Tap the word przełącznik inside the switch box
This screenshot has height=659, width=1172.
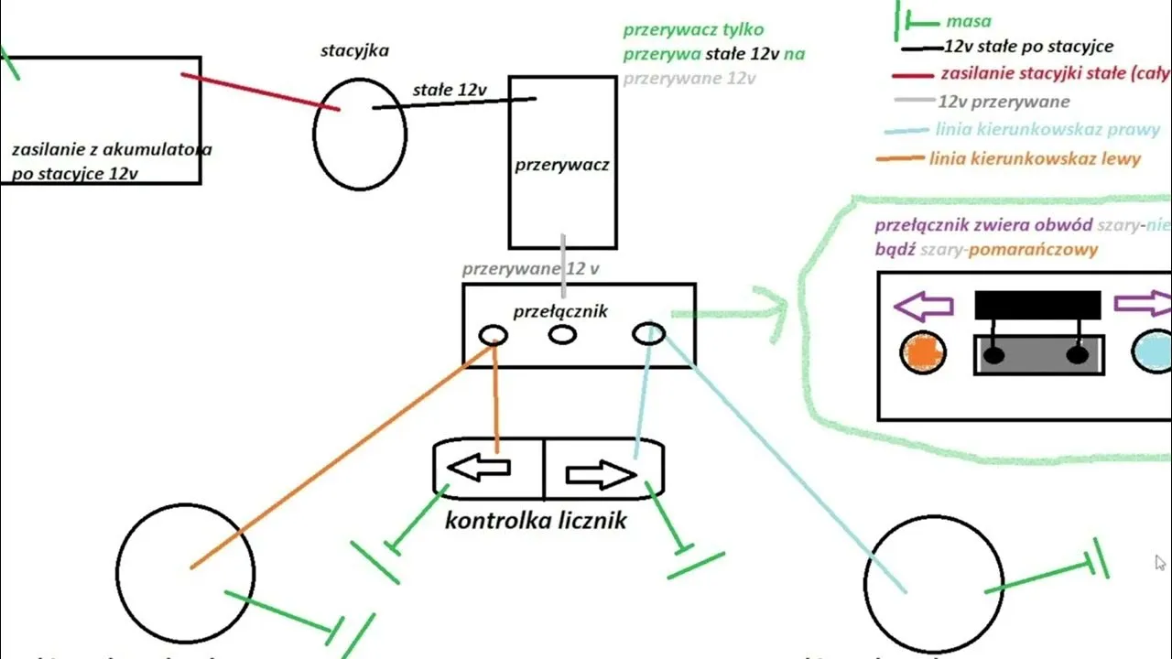pos(559,312)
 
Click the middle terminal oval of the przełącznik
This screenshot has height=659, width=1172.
pos(562,335)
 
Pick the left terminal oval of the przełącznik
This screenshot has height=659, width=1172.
pos(494,335)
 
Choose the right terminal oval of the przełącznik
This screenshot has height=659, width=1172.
pos(648,335)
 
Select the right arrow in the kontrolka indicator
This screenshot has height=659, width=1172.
pos(601,474)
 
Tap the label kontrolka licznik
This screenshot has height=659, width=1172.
pos(536,521)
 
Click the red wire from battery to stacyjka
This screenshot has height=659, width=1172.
pos(261,92)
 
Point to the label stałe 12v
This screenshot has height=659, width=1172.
pos(450,90)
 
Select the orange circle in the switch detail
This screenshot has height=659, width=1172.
pos(922,352)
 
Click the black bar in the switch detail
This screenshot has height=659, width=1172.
pos(1037,305)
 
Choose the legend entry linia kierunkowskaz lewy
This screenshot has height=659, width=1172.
pos(1035,159)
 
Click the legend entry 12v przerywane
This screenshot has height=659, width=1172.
pos(1004,102)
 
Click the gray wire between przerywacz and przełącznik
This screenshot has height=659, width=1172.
pos(563,265)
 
